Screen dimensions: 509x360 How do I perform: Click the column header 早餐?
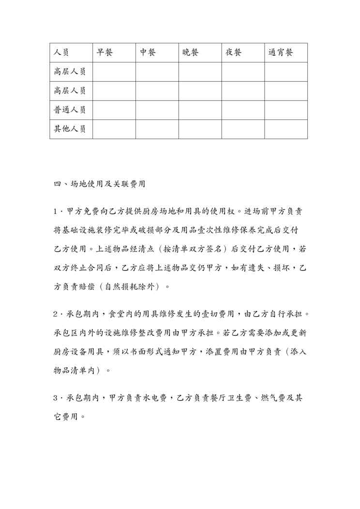pyautogui.click(x=105, y=52)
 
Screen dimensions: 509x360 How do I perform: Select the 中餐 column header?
pyautogui.click(x=148, y=52)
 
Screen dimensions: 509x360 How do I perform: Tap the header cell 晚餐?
pyautogui.click(x=191, y=52)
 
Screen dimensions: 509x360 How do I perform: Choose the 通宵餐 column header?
pyautogui.click(x=281, y=52)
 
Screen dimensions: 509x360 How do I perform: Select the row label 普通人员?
pyautogui.click(x=70, y=110)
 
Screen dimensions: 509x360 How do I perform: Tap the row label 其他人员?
pyautogui.click(x=70, y=129)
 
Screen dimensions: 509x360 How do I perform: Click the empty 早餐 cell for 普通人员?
pyautogui.click(x=114, y=110)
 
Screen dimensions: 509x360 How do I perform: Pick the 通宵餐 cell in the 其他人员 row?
pyautogui.click(x=286, y=129)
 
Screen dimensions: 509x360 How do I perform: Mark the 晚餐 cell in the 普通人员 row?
pyautogui.click(x=200, y=110)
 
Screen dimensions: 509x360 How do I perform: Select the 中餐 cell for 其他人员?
pyautogui.click(x=157, y=129)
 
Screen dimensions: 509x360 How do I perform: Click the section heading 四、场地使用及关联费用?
pyautogui.click(x=100, y=184)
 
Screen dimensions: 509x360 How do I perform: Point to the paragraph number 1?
pyautogui.click(x=56, y=211)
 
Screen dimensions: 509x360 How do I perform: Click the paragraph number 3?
pyautogui.click(x=56, y=398)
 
